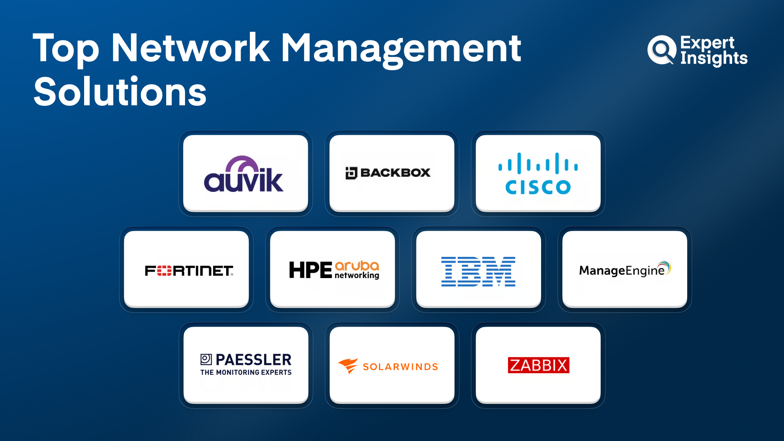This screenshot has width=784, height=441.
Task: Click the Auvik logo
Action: click(244, 174)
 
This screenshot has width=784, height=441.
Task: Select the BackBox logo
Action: click(388, 173)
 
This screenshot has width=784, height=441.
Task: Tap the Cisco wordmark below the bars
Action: click(538, 187)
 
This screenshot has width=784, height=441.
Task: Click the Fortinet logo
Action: click(189, 271)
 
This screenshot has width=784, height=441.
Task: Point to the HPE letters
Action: click(310, 270)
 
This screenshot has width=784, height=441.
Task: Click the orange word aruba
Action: click(357, 266)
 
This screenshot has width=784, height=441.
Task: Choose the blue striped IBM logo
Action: click(478, 272)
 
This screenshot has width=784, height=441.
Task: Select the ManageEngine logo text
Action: click(621, 271)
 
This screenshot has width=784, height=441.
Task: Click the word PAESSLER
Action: click(253, 360)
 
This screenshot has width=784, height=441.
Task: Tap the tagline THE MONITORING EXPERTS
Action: click(246, 372)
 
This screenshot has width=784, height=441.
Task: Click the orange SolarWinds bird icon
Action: click(348, 365)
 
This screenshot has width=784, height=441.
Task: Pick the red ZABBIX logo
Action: click(538, 365)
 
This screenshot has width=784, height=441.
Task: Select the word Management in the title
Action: click(401, 49)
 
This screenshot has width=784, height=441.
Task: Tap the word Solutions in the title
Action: click(120, 92)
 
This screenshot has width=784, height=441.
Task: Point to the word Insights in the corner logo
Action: click(714, 58)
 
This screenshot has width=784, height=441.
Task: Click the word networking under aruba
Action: click(357, 276)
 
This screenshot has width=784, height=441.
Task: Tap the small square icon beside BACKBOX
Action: click(351, 173)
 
